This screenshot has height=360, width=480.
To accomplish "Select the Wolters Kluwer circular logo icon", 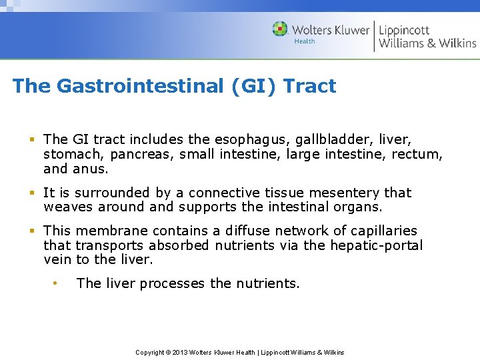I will point(280,29).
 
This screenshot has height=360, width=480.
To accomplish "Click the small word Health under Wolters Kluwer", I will point(305,41).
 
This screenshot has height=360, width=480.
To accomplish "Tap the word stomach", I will point(74,155).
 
